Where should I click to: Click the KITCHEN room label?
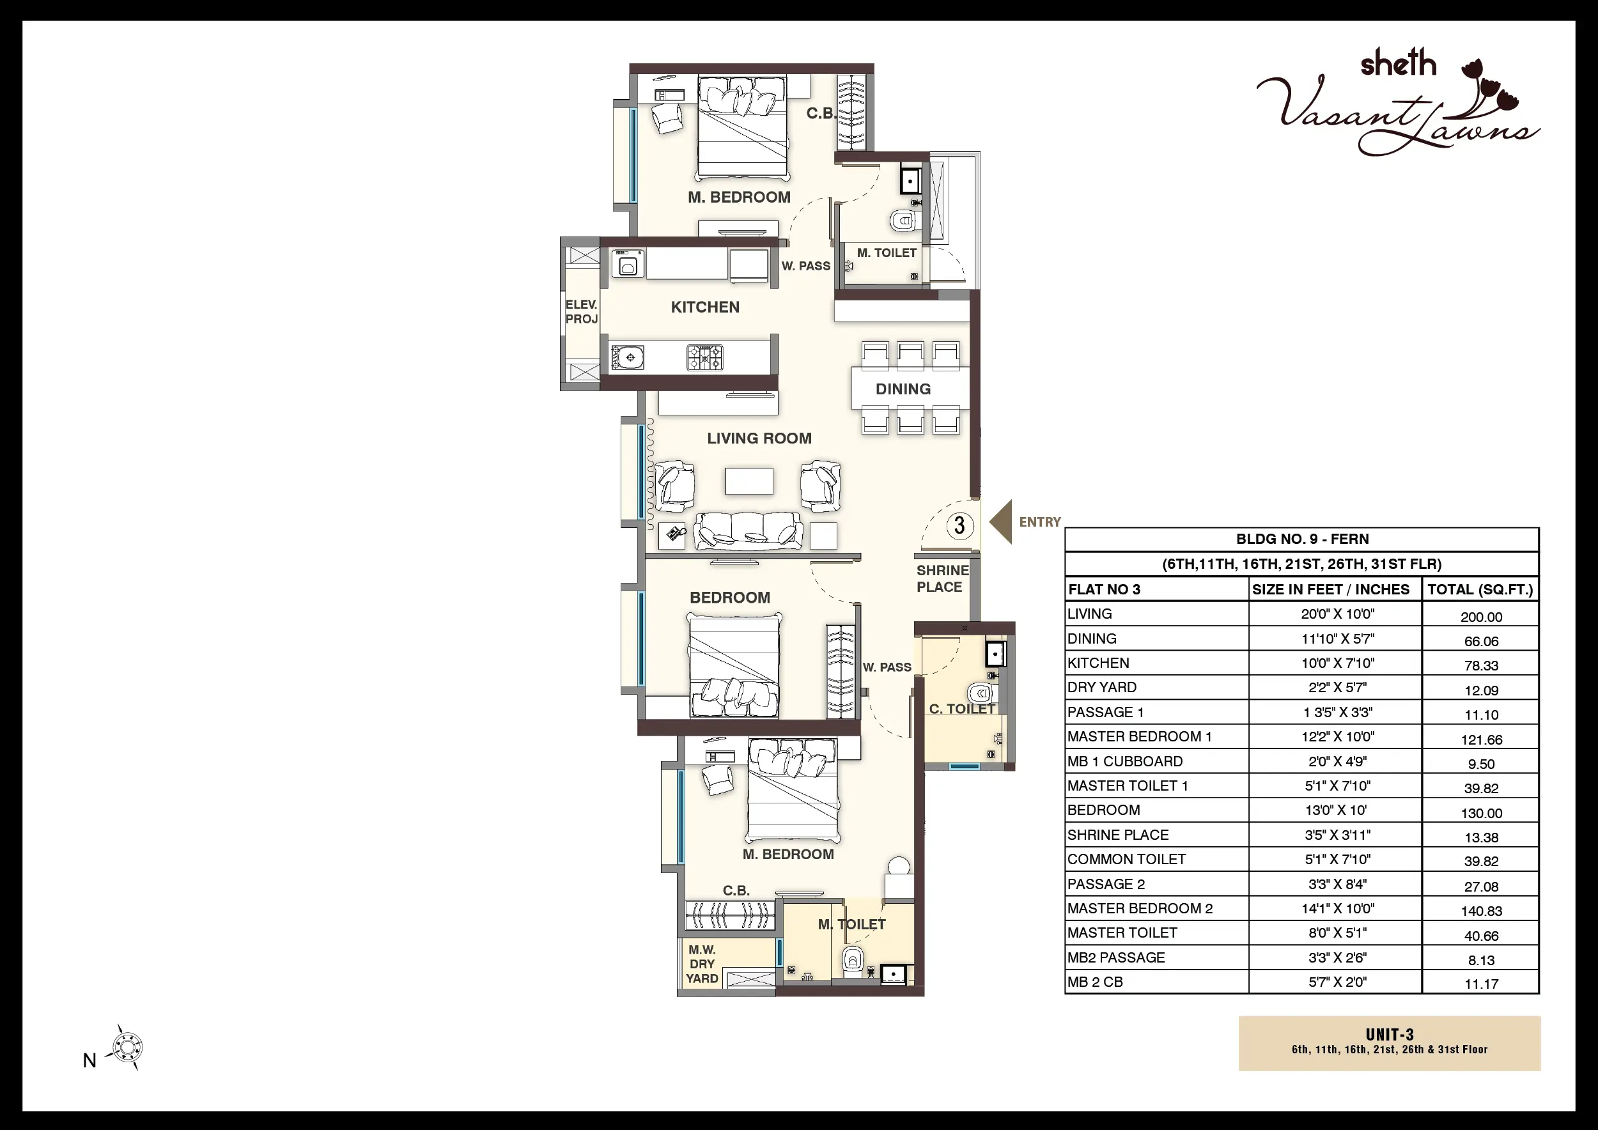[x=705, y=307]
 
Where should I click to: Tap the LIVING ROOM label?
[x=759, y=438]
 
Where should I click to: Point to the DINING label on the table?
[x=903, y=389]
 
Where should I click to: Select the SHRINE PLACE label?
[x=942, y=578]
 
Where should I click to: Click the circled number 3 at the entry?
[x=960, y=525]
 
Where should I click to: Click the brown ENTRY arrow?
[x=1001, y=522]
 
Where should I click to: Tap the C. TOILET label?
[x=963, y=709]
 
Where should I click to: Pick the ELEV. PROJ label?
[x=581, y=312]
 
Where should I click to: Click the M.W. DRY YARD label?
[x=702, y=964]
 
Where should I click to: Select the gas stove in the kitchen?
[x=705, y=358]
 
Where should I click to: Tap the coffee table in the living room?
[x=749, y=481]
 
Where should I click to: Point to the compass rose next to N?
[x=127, y=1047]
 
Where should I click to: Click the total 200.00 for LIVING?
[x=1481, y=617]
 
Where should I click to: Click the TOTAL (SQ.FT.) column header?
[x=1480, y=590]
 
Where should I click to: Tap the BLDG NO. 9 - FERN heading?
[x=1302, y=539]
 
